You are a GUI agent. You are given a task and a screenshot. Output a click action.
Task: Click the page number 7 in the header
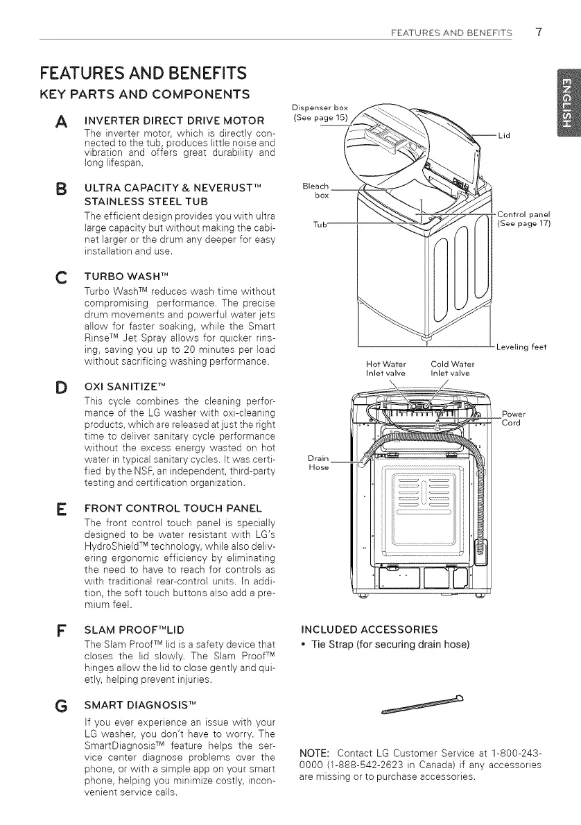538,31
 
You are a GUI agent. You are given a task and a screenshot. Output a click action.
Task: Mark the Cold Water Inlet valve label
450,367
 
